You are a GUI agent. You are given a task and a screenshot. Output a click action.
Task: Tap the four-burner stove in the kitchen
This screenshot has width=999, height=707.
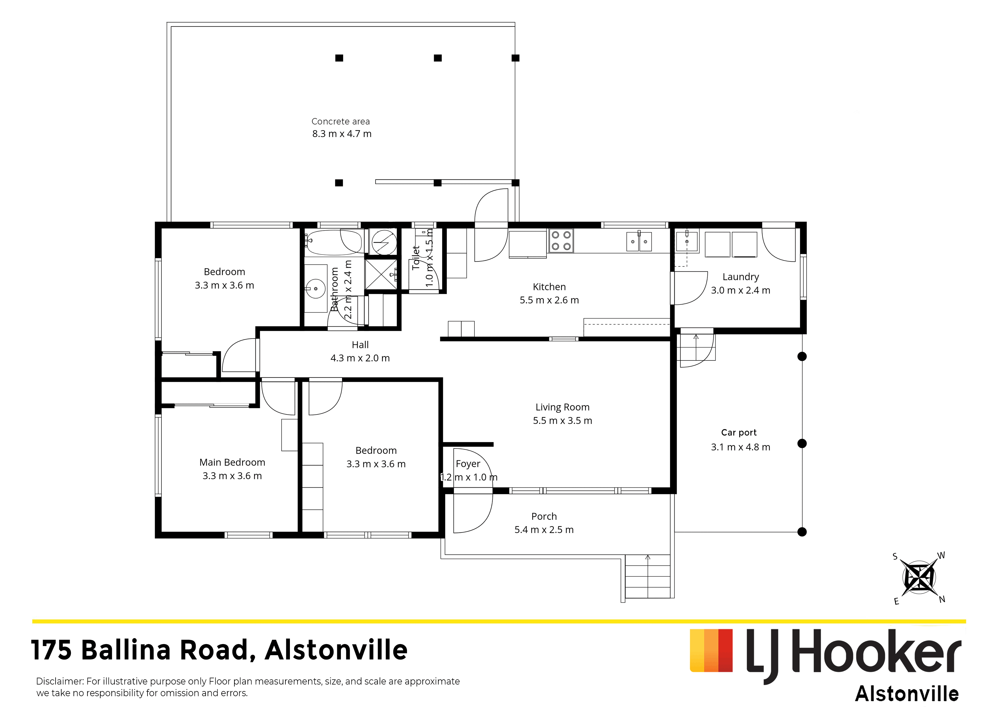click(x=561, y=241)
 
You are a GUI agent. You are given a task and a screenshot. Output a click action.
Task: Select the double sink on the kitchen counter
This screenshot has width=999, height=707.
click(x=639, y=242)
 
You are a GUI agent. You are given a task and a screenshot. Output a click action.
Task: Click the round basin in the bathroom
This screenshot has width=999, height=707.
click(x=316, y=289)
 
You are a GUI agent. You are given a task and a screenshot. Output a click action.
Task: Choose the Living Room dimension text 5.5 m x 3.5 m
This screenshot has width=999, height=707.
click(x=562, y=421)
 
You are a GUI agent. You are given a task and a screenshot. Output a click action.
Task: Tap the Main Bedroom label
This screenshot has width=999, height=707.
click(x=232, y=462)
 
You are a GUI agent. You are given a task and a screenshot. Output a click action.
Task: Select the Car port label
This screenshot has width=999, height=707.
click(x=739, y=433)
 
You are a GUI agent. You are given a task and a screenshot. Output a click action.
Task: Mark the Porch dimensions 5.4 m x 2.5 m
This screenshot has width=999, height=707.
click(x=544, y=530)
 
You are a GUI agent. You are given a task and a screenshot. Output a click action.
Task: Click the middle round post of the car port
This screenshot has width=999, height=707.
click(x=802, y=444)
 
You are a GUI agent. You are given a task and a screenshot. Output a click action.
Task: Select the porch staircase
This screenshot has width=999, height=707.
click(x=647, y=576)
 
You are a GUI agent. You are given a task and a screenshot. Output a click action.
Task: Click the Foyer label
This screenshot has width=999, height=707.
click(x=468, y=464)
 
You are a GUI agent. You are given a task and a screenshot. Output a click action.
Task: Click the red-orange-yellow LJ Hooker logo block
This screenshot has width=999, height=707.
click(x=711, y=650)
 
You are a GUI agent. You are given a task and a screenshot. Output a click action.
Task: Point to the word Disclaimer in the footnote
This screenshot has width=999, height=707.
click(x=60, y=681)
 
